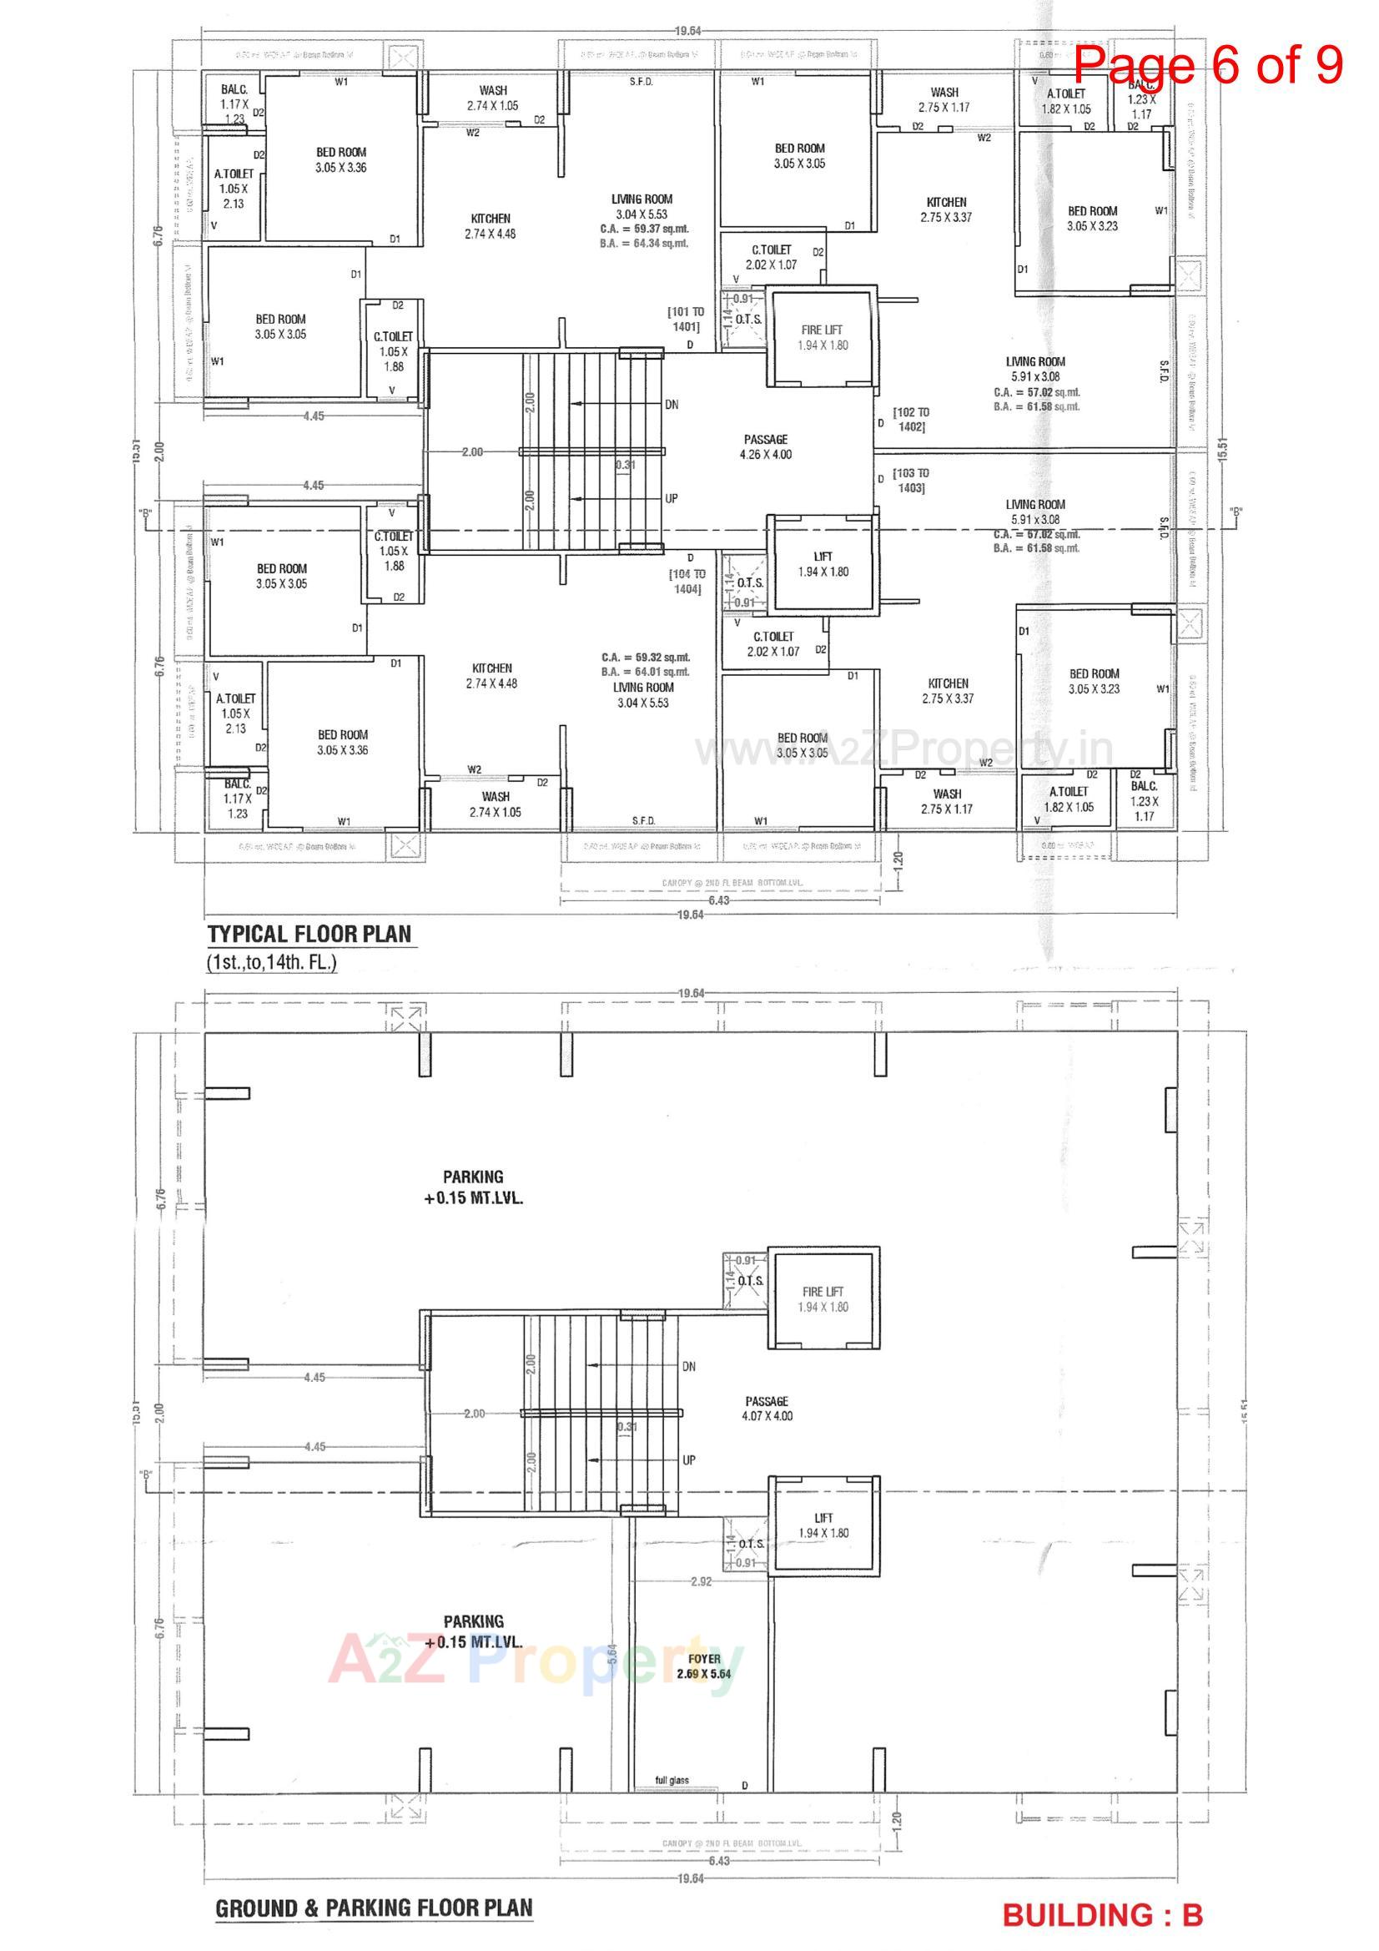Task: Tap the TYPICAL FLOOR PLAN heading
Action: [x=310, y=934]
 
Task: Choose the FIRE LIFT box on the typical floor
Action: [x=823, y=337]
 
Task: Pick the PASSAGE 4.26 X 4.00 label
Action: [x=766, y=446]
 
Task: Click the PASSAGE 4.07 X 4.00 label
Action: [x=767, y=1408]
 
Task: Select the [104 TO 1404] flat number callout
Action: [x=687, y=582]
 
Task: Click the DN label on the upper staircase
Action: [x=672, y=405]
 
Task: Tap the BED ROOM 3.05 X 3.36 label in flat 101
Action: [x=340, y=159]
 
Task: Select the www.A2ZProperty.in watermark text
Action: [x=905, y=749]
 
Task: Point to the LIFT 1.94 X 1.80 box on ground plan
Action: [x=823, y=1525]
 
